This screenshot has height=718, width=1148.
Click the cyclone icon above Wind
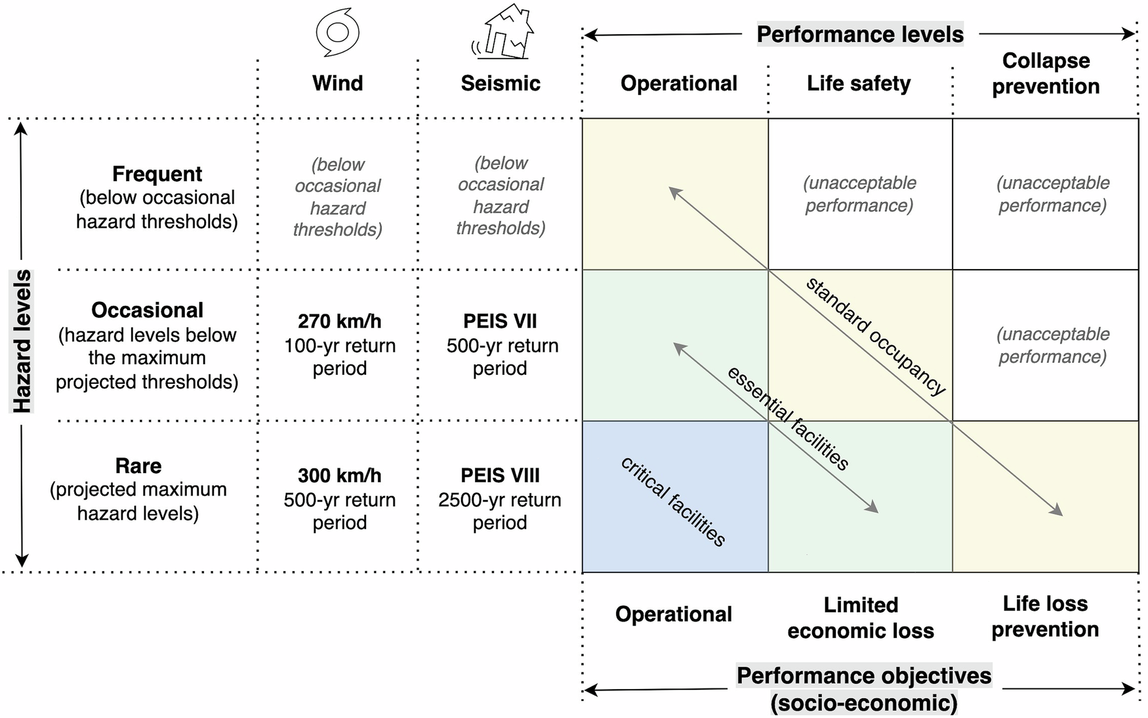(337, 32)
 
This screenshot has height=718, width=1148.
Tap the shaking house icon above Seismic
(502, 32)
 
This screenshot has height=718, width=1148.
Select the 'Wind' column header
(337, 83)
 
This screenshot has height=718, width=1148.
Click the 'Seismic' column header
(501, 83)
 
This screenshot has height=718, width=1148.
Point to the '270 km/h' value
(339, 321)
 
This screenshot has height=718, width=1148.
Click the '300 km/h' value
(339, 475)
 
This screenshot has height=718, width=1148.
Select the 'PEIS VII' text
(500, 321)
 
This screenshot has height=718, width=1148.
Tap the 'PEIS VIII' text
(500, 475)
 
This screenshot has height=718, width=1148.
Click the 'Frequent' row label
(157, 174)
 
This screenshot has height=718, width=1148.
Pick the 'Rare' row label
(138, 466)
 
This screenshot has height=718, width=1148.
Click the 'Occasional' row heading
(147, 310)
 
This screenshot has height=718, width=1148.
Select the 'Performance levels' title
(860, 34)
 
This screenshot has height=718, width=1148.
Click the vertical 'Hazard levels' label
(22, 341)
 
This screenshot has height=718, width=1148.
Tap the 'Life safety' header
(859, 83)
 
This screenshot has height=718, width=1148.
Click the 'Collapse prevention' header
(1046, 73)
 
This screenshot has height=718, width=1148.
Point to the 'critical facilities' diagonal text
(673, 502)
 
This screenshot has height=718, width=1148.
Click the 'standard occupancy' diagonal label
(876, 336)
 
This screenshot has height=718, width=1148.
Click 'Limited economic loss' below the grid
(861, 617)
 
